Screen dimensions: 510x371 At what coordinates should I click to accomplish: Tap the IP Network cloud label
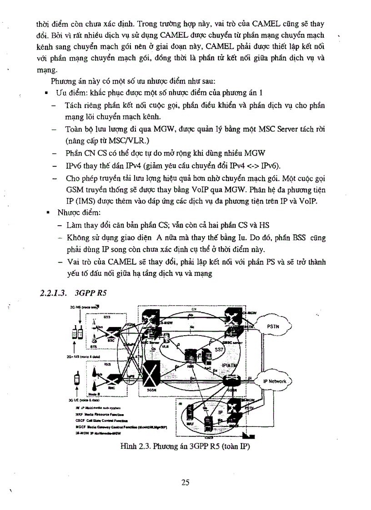point(275,381)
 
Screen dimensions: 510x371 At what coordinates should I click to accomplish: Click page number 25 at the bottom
point(185,482)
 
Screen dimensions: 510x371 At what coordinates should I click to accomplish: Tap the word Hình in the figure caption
point(129,446)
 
